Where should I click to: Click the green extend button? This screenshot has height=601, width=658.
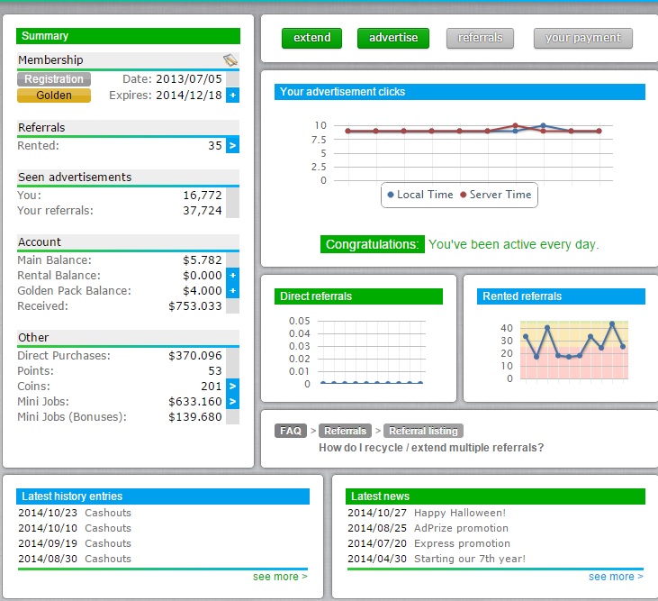[x=312, y=38]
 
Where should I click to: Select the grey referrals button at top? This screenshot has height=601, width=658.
[x=480, y=38]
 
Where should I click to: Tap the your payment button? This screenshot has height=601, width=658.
[x=582, y=38]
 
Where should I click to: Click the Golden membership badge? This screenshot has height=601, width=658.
[x=54, y=96]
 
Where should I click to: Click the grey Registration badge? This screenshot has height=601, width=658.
[x=54, y=79]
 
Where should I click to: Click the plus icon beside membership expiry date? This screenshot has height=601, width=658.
[x=232, y=96]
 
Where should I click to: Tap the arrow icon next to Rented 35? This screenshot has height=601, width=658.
[x=232, y=145]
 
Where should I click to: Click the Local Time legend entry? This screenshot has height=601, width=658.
[x=419, y=195]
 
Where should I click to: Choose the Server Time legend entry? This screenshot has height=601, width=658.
[x=495, y=195]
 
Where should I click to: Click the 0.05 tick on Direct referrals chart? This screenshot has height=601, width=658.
[x=300, y=321]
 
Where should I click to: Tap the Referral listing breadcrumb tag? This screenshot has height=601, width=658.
[x=425, y=431]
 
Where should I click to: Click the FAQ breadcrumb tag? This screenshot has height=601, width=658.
[x=291, y=431]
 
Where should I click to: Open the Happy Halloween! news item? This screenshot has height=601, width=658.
[x=460, y=513]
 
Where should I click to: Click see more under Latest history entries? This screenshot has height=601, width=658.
[x=280, y=576]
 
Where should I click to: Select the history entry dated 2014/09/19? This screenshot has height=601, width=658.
[x=75, y=543]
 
